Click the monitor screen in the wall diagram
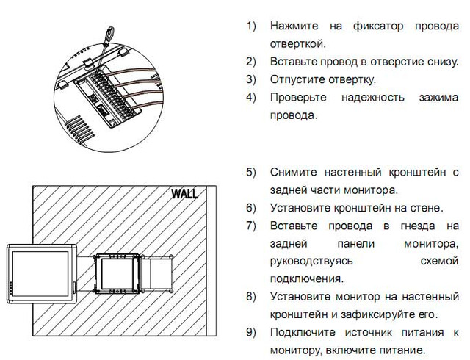pyautogui.click(x=37, y=273)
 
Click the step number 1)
pyautogui.click(x=251, y=26)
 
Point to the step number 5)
pyautogui.click(x=251, y=172)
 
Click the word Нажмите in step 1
pyautogui.click(x=294, y=26)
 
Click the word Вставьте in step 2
pyautogui.click(x=294, y=61)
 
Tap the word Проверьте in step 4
pyautogui.click(x=297, y=97)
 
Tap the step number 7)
pyautogui.click(x=251, y=225)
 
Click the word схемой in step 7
pyautogui.click(x=440, y=261)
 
